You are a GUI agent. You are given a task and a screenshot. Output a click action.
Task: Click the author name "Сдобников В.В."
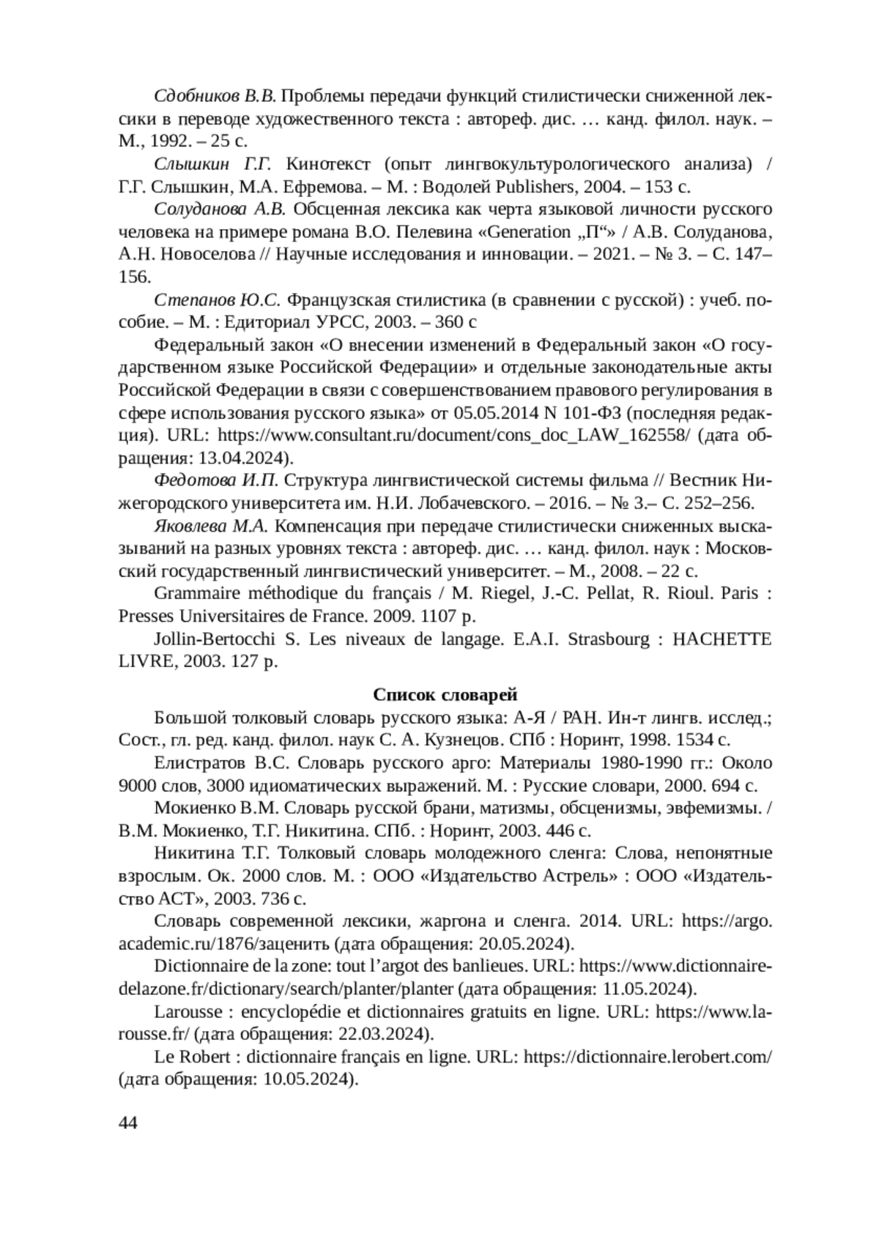point(215,96)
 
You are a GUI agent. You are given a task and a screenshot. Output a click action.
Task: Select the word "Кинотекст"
point(331,163)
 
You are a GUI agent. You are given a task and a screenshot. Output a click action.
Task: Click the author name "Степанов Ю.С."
point(217,300)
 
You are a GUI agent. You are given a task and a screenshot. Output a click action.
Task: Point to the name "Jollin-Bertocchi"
point(215,639)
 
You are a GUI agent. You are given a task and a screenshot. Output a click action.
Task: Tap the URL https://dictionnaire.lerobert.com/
point(648,1057)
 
